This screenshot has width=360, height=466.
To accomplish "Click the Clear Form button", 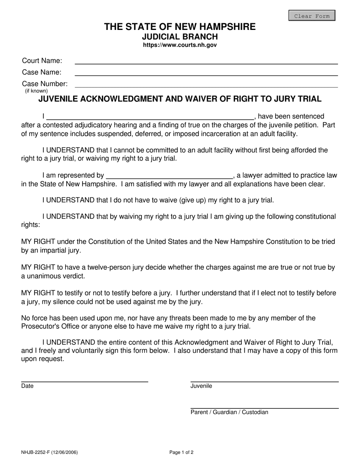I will click(312, 16).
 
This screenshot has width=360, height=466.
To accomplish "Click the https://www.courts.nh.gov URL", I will click(180, 45).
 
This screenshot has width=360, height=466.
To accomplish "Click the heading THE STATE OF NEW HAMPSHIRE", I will click(180, 27).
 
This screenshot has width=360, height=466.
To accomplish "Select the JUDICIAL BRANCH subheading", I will click(180, 37).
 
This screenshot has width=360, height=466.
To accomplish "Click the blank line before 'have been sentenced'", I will click(150, 116).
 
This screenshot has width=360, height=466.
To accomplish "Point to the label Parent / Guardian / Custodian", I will click(229, 412).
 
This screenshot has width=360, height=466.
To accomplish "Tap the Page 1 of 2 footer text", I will click(182, 452).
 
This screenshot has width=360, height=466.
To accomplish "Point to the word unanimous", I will click(42, 276).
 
